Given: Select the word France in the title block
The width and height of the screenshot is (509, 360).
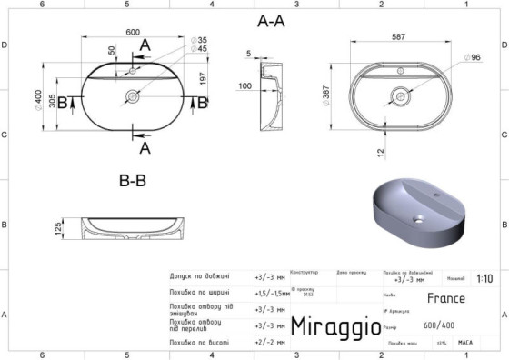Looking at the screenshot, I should click(x=445, y=298).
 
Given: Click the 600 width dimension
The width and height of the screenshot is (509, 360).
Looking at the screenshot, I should click(x=133, y=33).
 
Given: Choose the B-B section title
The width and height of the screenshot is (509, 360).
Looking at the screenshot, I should click(x=133, y=181).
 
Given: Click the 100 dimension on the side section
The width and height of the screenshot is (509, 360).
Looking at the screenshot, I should click(x=245, y=86).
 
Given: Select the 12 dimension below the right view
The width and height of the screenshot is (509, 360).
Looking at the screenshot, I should click(x=382, y=151).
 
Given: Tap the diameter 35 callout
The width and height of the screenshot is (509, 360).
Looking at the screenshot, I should click(x=201, y=41).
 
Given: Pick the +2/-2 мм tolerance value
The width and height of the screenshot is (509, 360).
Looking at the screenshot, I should click(x=270, y=343).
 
